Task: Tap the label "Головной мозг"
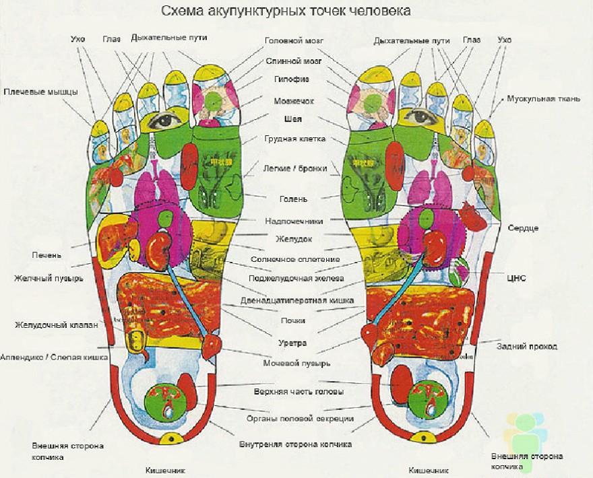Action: pos(294,40)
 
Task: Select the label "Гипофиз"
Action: pos(291,79)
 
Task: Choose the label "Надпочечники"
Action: pos(294,220)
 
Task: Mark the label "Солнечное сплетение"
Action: pos(295,259)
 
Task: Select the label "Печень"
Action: pos(46,255)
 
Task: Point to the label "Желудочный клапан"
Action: pos(57,325)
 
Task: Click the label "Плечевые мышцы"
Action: pos(40,92)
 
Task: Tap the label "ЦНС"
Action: pos(516,277)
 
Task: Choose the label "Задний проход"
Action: pos(527,347)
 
